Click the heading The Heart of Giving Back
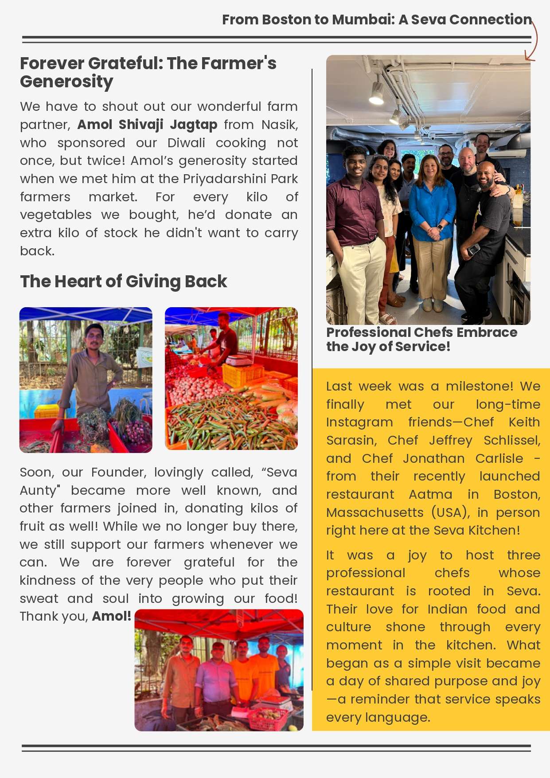123,281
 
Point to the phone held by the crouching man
473,250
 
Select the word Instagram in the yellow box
359,422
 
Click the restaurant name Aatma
430,494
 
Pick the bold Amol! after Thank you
111,616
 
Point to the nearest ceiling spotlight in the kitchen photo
376,94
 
